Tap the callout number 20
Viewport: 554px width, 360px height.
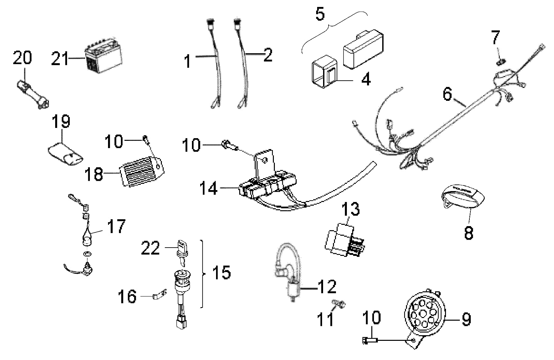pyautogui.click(x=23, y=58)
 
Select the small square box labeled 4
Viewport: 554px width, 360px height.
pyautogui.click(x=323, y=73)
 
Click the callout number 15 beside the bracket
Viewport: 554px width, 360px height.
pyautogui.click(x=221, y=273)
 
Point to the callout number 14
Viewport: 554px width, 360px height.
pyautogui.click(x=208, y=189)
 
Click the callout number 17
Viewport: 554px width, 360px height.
pyautogui.click(x=116, y=226)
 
